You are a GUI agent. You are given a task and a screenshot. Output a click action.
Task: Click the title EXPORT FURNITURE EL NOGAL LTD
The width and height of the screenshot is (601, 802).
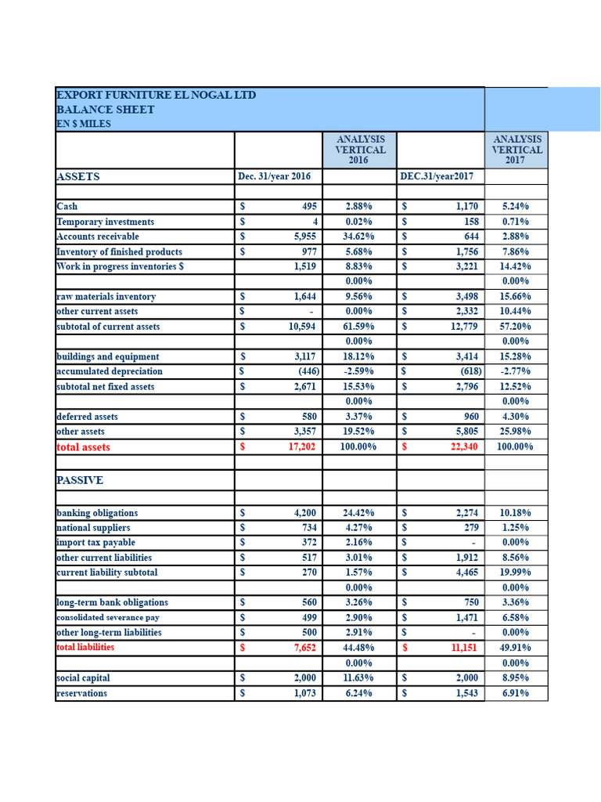[157, 95]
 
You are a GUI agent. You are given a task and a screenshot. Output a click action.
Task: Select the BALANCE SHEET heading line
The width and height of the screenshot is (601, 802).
[106, 110]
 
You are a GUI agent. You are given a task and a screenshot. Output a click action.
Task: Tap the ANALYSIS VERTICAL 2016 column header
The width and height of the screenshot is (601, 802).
[360, 149]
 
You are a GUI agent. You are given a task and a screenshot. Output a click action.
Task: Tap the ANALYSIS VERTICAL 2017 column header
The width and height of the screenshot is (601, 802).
[516, 149]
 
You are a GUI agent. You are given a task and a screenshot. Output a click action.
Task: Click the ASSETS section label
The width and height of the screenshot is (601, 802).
[78, 177]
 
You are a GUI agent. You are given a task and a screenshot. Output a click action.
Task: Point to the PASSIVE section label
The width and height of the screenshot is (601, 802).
[80, 480]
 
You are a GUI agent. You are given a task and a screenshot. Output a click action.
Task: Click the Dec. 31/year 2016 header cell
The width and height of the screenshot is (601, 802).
[274, 176]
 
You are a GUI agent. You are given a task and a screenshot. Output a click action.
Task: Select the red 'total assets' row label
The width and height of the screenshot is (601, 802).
[84, 447]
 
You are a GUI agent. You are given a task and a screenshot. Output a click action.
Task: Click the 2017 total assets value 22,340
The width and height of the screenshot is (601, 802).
[462, 447]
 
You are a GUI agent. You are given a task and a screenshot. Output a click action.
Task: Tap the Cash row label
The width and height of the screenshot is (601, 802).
[67, 207]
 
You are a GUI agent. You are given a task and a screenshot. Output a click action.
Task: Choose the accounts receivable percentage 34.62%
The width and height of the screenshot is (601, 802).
[358, 237]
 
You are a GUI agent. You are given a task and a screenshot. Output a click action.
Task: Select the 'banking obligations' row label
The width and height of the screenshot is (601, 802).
[97, 513]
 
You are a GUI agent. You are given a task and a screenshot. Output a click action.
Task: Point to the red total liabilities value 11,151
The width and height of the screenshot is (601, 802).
[462, 648]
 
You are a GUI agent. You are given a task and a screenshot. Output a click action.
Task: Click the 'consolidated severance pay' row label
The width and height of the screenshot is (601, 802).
[108, 618]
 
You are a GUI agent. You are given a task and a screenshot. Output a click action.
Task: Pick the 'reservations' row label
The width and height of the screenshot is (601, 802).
[82, 693]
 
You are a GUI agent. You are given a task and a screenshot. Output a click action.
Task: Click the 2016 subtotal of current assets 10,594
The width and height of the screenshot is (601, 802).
[301, 327]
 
